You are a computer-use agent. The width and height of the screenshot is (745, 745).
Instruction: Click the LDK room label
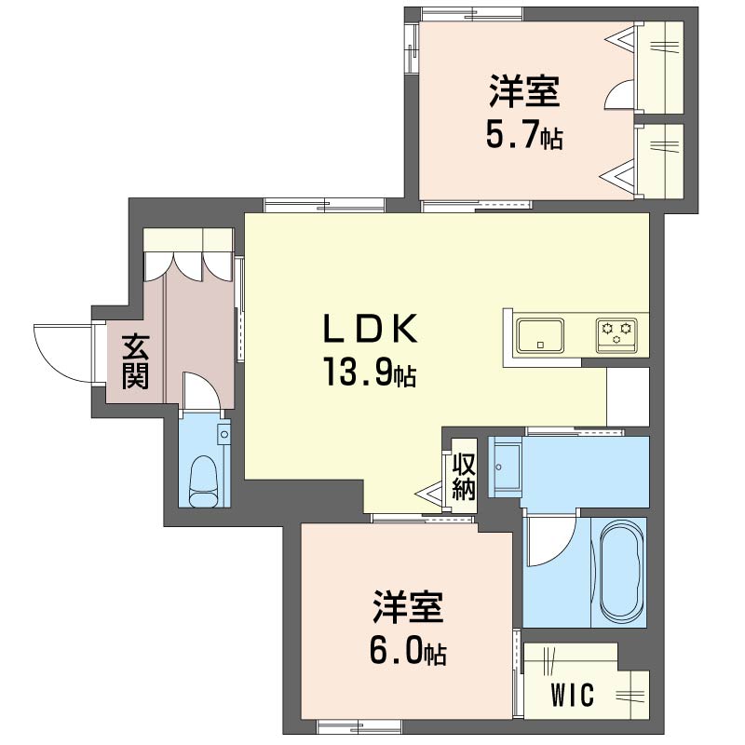(370, 329)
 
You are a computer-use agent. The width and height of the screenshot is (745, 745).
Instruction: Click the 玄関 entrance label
(135, 361)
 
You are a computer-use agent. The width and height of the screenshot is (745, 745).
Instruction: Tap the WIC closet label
(573, 695)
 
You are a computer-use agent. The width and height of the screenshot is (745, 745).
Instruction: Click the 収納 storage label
(464, 477)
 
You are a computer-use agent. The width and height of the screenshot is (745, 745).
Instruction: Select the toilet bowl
(204, 481)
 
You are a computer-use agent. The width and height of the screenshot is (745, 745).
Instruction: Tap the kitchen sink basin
(541, 335)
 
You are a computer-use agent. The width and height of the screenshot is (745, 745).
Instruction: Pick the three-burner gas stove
(616, 335)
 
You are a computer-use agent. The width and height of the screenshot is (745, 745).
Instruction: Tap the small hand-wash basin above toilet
(223, 433)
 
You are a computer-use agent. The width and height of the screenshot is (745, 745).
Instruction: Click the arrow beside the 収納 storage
(431, 494)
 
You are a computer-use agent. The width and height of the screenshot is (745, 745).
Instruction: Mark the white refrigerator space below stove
(628, 398)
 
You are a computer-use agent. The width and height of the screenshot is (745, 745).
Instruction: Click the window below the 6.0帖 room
(359, 726)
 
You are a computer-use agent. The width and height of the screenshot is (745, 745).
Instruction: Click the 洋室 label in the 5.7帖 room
(524, 90)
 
